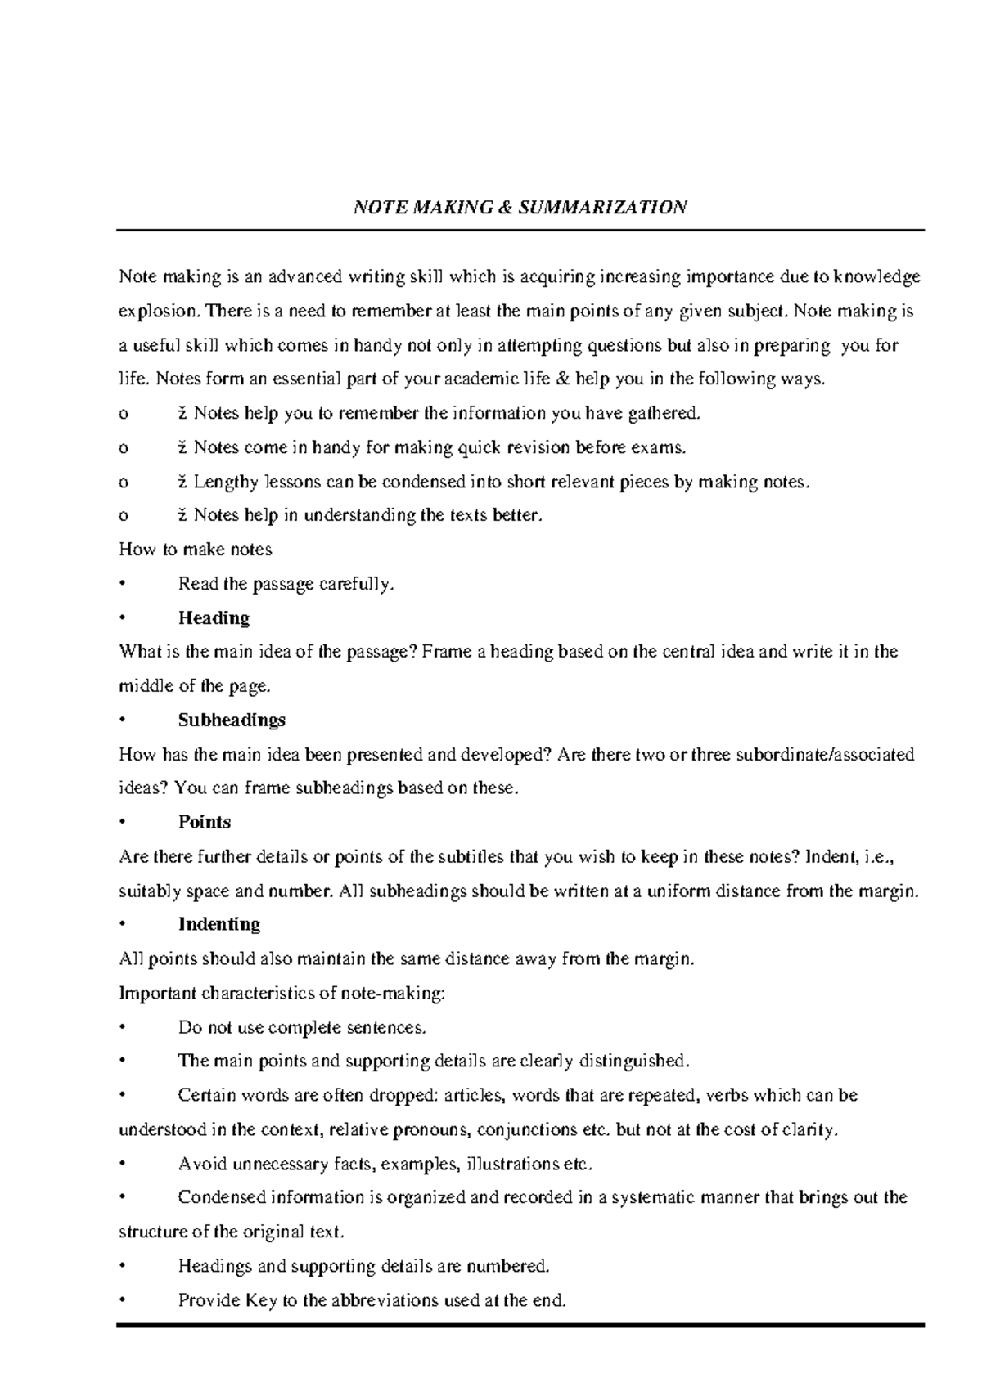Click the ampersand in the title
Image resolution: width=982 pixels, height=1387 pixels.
pos(504,207)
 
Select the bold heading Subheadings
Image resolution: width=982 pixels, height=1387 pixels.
pos(232,720)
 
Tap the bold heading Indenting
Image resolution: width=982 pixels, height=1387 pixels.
pos(218,924)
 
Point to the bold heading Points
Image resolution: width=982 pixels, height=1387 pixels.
pos(205,822)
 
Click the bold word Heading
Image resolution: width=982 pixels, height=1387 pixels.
pos(214,617)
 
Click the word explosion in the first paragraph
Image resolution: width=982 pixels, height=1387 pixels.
pos(159,312)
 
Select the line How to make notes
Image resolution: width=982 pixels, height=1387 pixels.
pos(196,550)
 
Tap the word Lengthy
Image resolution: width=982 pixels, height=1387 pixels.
pos(226,482)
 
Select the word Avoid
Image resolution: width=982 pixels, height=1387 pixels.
pos(202,1164)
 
